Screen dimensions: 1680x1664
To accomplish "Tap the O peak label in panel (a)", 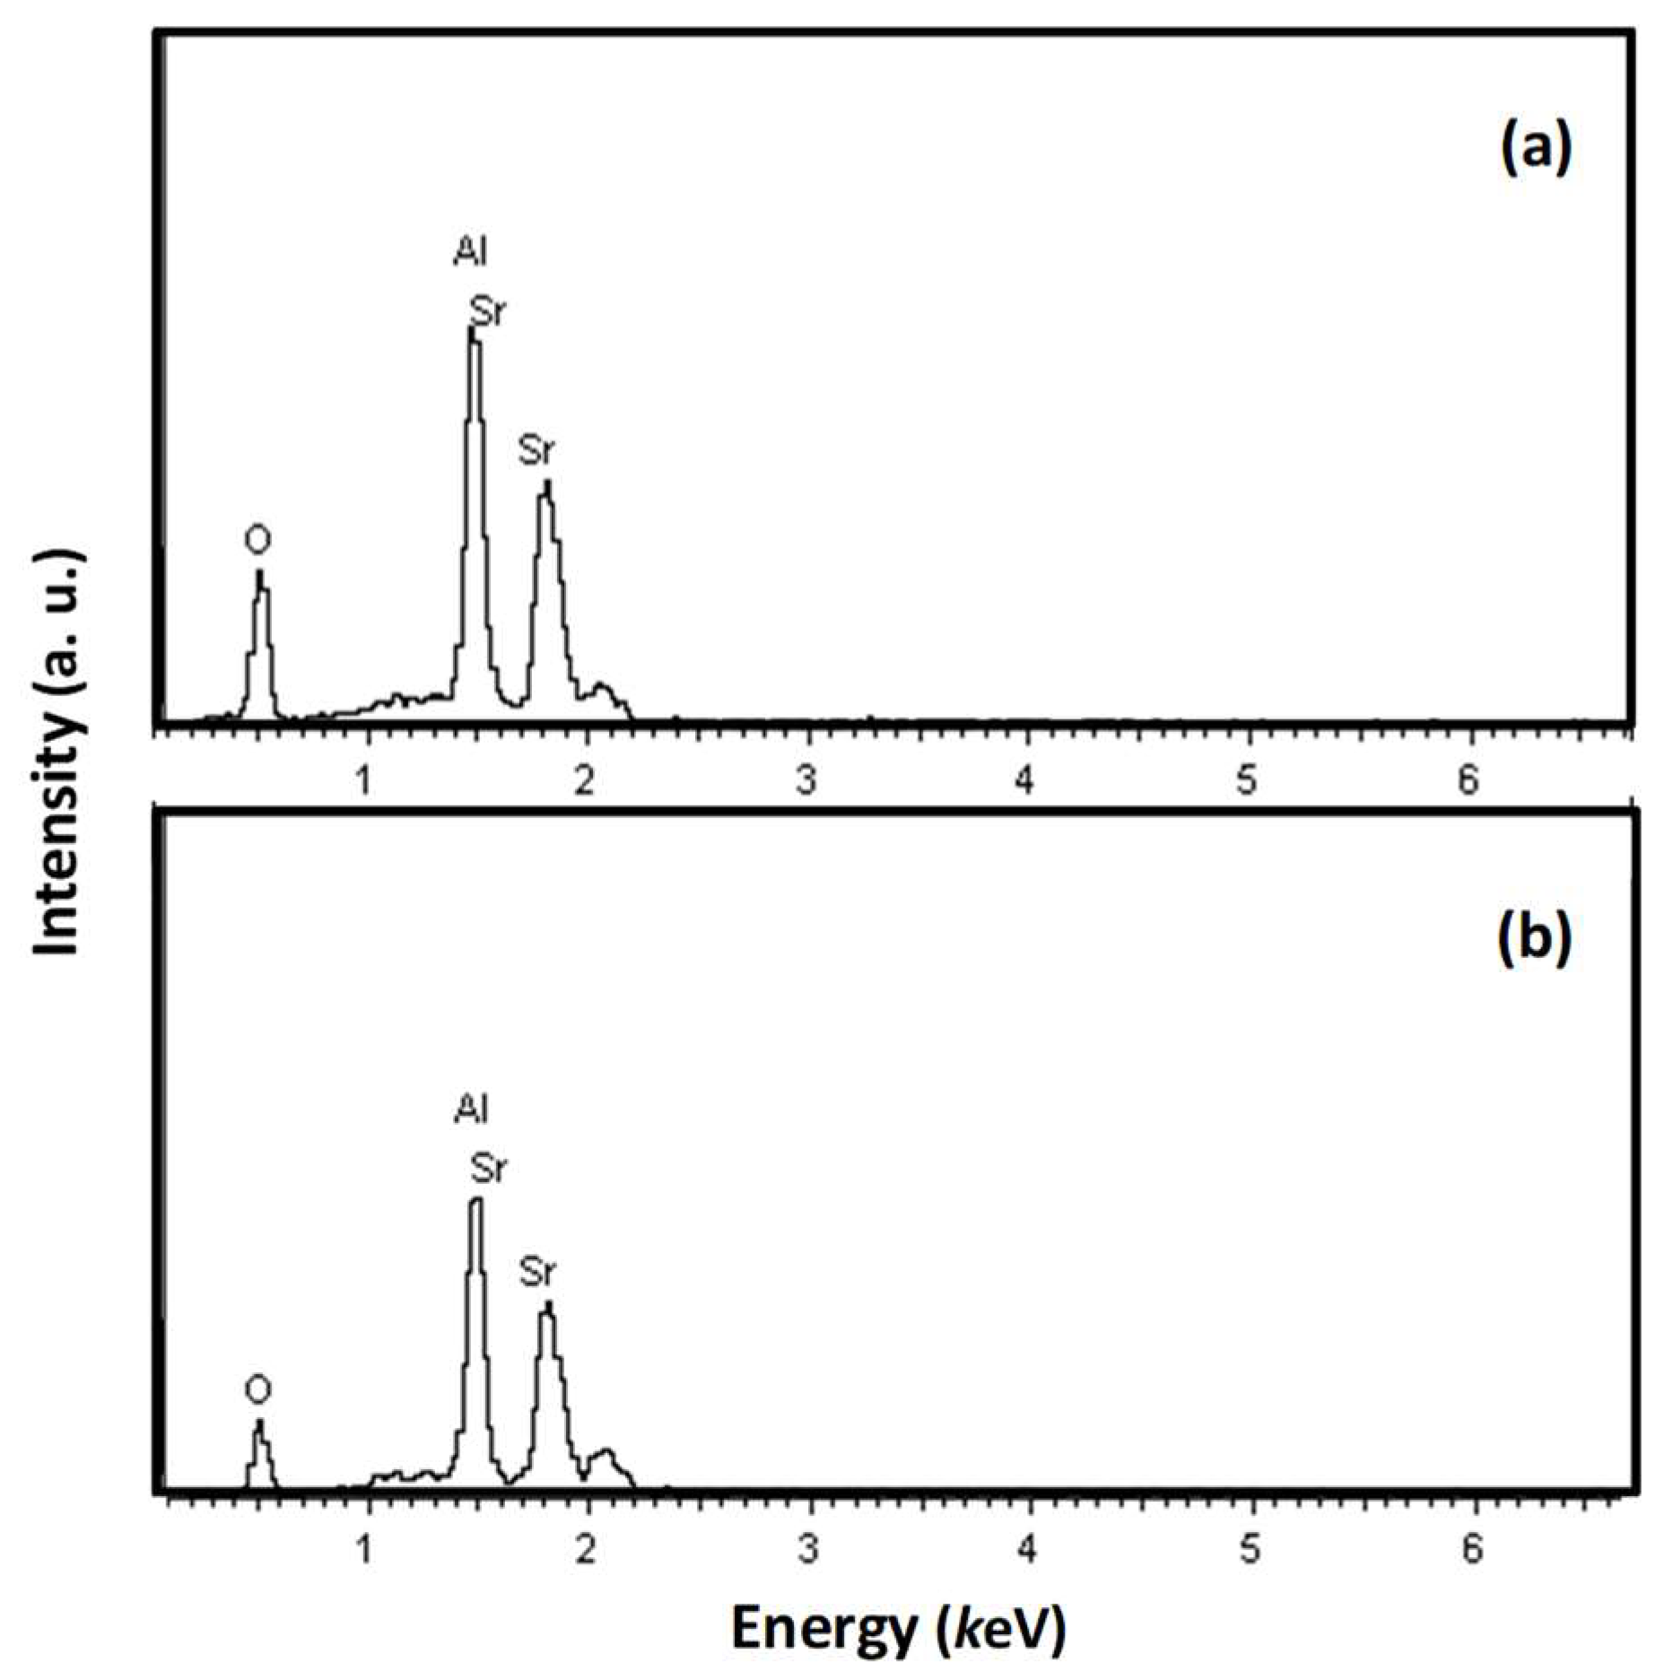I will click(x=257, y=541).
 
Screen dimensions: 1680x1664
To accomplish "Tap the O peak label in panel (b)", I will click(x=257, y=1390).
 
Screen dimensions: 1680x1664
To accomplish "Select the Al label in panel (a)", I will click(x=469, y=253).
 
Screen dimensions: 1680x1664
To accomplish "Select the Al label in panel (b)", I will click(x=469, y=1110).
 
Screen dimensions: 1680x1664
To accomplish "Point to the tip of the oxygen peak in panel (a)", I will click(x=259, y=572).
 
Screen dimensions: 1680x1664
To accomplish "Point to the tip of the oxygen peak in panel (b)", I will click(x=259, y=1422).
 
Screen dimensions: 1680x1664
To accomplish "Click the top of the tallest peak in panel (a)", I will click(x=472, y=330).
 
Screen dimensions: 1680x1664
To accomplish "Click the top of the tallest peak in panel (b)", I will click(x=475, y=1200).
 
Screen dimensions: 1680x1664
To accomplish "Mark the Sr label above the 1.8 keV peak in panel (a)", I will click(x=536, y=451).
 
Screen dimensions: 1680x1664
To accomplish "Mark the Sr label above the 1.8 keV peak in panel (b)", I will click(x=537, y=1272).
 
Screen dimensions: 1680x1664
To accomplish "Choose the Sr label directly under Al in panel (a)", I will click(x=488, y=312).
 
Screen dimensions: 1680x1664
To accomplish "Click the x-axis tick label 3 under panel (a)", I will click(x=806, y=781).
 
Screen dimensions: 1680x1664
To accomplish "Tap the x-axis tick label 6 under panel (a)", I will click(x=1467, y=781).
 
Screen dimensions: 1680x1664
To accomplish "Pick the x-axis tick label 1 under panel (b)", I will click(x=364, y=1549).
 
